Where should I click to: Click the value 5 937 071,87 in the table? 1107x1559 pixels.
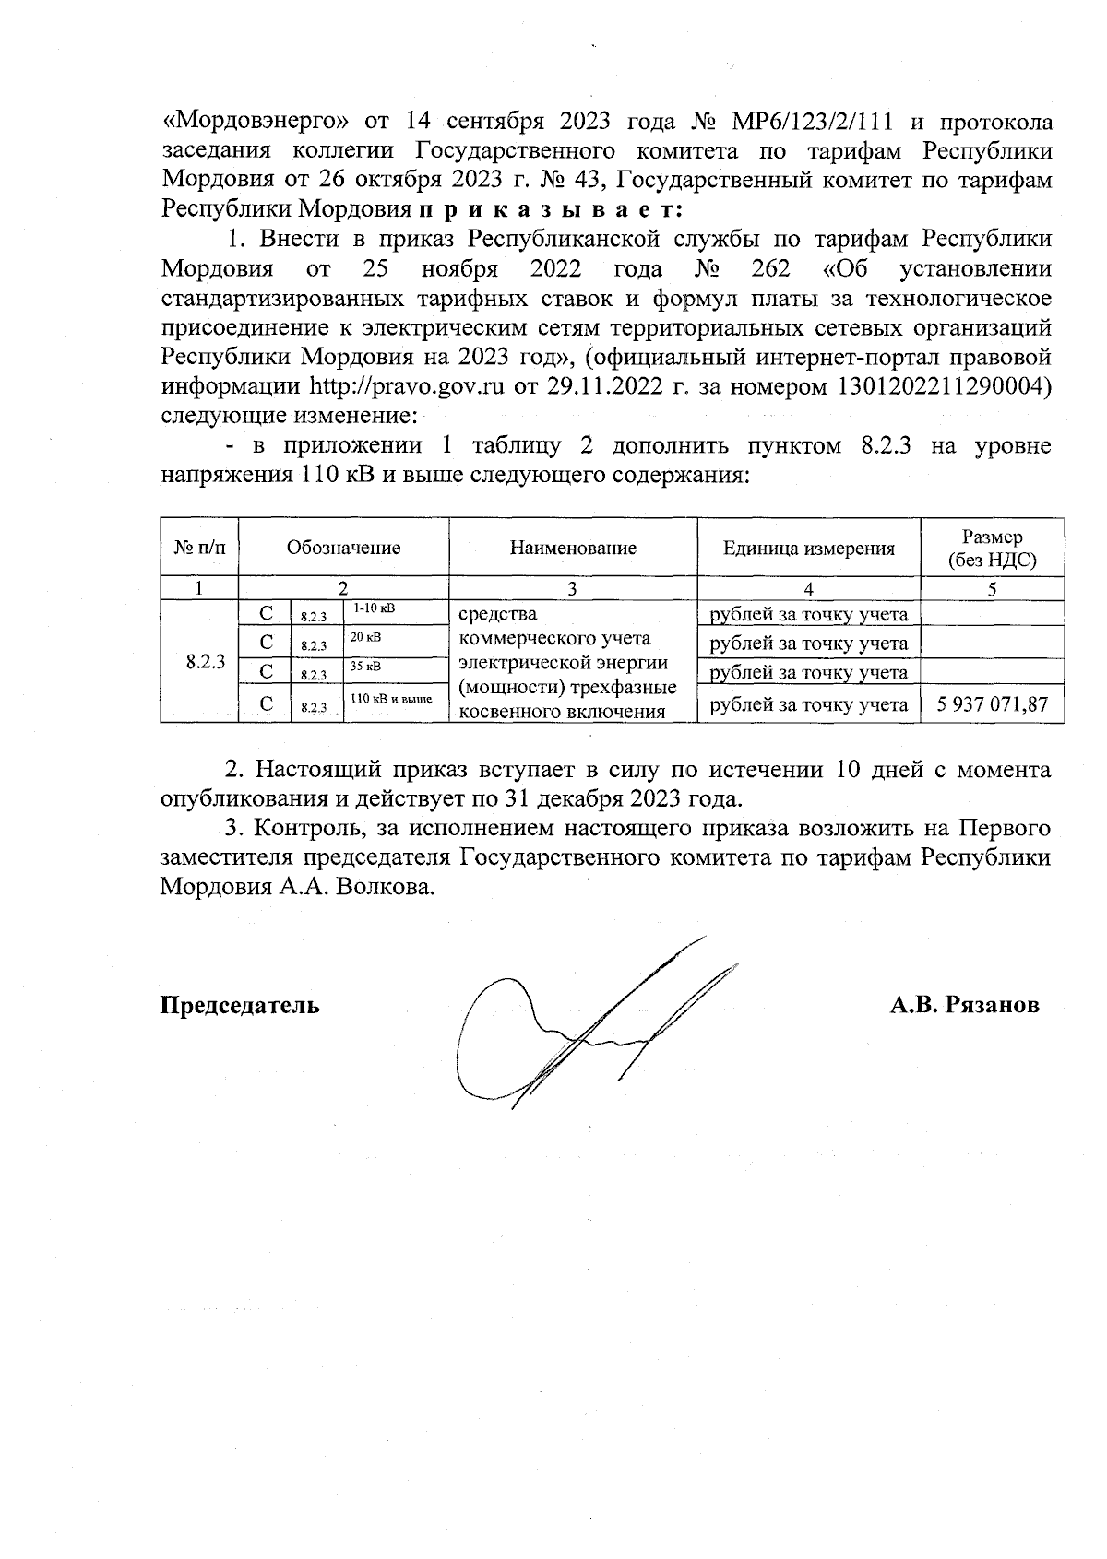click(992, 705)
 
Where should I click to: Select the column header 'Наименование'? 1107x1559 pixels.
click(573, 548)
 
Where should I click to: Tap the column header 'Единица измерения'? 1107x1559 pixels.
click(808, 549)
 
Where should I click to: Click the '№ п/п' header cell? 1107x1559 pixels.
click(199, 548)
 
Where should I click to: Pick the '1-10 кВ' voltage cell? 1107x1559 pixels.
click(374, 609)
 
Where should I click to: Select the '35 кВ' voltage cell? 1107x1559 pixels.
click(366, 666)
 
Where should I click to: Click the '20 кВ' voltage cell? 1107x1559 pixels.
click(366, 637)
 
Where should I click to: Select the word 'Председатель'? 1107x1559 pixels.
click(241, 1005)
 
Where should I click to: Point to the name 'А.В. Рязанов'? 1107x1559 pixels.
click(964, 1005)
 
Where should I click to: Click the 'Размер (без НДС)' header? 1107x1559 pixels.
click(992, 549)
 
